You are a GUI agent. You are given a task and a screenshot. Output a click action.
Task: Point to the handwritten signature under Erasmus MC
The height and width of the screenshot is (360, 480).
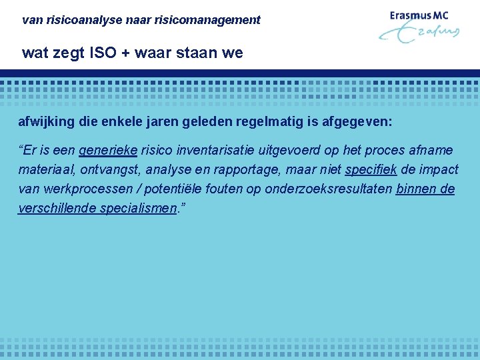tap(420, 34)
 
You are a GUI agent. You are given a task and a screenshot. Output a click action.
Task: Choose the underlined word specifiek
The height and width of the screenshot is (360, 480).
tap(371, 170)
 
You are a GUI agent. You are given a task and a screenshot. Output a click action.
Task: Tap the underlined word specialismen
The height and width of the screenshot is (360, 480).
tap(139, 209)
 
